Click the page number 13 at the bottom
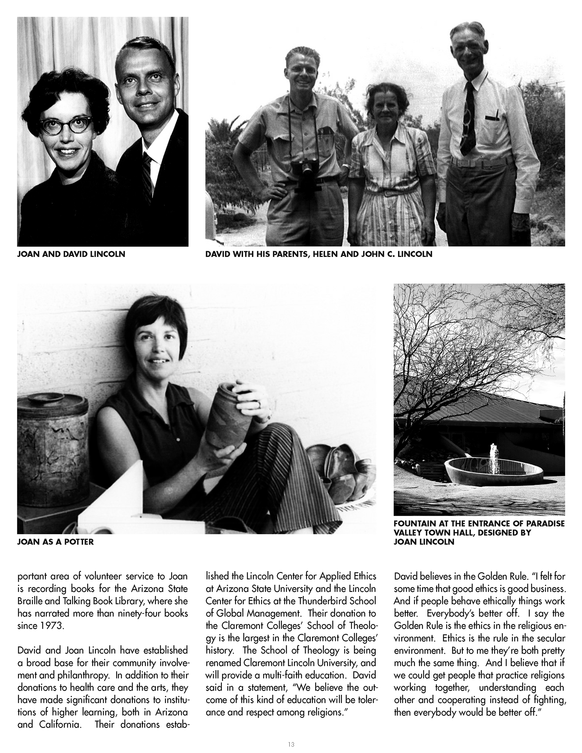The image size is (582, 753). click(291, 744)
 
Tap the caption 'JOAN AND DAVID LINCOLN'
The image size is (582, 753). click(71, 255)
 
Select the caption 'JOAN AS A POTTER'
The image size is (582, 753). click(55, 542)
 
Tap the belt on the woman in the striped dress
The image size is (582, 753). click(390, 193)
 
